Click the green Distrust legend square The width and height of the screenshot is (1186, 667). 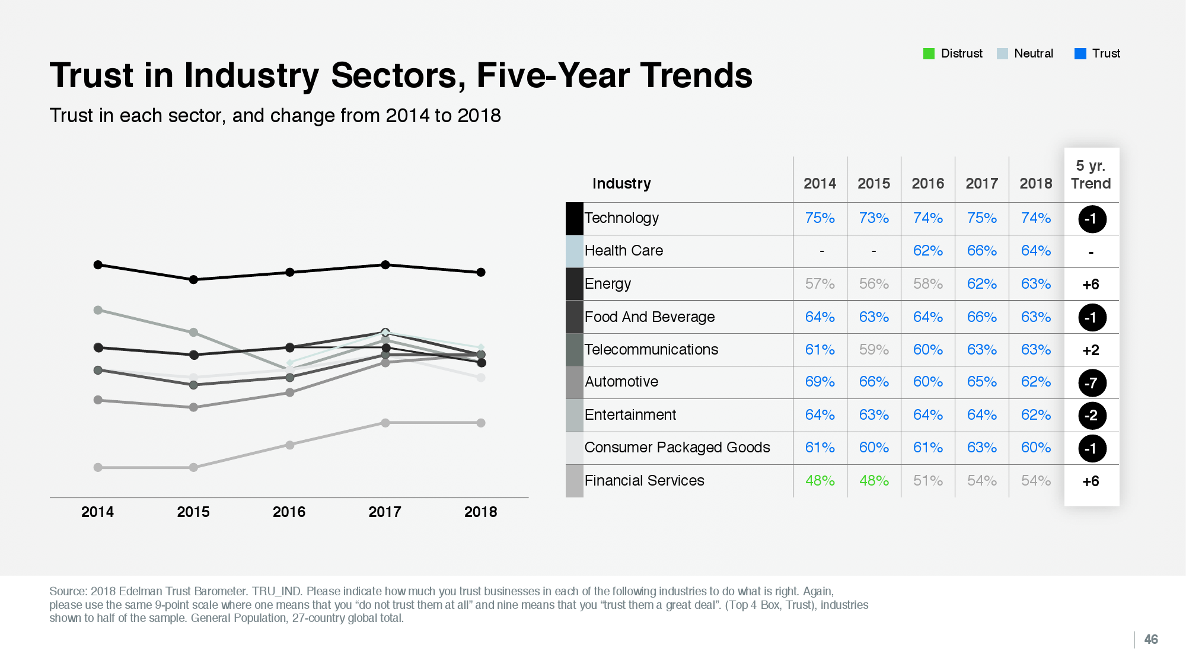pos(929,54)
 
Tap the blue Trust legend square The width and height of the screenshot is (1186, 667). pos(1080,54)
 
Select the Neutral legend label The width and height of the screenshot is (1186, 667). pos(1033,53)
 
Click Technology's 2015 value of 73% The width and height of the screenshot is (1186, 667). pos(873,218)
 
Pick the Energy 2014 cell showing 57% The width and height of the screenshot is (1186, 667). pos(820,284)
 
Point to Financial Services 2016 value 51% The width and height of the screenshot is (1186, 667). pos(927,481)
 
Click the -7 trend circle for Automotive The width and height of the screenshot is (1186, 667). pos(1092,383)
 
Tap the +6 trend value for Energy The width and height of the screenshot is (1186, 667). pos(1091,285)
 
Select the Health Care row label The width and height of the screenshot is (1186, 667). pos(623,251)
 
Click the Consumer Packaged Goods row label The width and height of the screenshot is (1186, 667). pos(677,448)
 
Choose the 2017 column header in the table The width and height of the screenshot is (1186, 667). pos(981,184)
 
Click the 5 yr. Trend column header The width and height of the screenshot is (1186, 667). pos(1091,175)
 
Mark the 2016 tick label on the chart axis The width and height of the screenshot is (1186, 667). pos(289,512)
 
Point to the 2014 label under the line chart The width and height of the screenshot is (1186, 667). pos(97,512)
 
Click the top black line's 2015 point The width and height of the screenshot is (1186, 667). pos(193,279)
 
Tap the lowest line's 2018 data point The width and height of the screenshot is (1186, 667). pos(481,423)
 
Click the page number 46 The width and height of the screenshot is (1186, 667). pos(1150,639)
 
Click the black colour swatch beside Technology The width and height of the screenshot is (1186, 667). pos(574,218)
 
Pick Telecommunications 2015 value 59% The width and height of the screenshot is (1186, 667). pos(873,350)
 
